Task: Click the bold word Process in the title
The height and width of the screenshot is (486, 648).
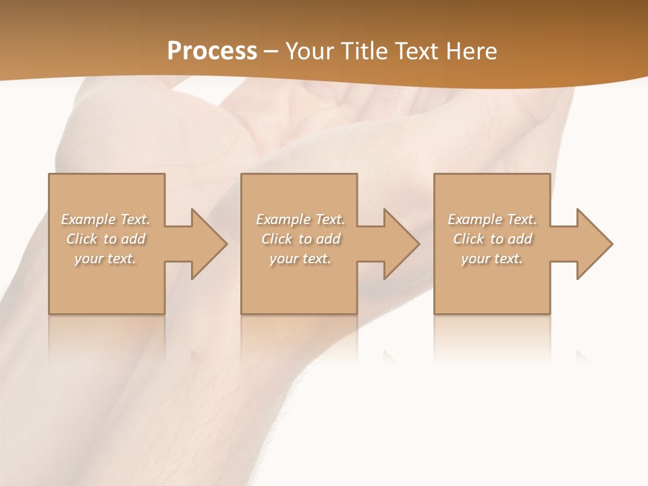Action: click(x=212, y=51)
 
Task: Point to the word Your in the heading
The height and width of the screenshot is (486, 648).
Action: click(x=310, y=51)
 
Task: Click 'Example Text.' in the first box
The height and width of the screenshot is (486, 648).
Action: click(x=105, y=219)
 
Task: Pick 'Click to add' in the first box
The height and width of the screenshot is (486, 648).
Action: click(x=105, y=239)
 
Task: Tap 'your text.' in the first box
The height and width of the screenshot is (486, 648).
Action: click(x=105, y=259)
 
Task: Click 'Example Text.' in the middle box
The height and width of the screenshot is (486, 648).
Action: click(x=300, y=219)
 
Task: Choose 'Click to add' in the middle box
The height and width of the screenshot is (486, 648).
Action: click(x=300, y=239)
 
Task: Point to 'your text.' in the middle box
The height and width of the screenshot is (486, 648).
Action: click(x=300, y=259)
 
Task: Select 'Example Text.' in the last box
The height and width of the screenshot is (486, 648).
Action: click(x=492, y=219)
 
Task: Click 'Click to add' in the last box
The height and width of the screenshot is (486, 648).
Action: click(x=492, y=239)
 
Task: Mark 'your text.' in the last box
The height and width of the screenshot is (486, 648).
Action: click(x=492, y=259)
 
